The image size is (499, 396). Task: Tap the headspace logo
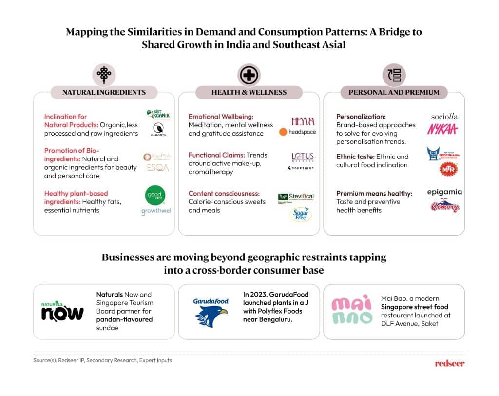tap(297, 132)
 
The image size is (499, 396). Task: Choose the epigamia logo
tap(444, 192)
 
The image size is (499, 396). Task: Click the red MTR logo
tap(448, 169)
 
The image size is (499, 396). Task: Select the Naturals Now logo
tap(62, 311)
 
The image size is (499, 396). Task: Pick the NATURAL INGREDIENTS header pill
tap(104, 92)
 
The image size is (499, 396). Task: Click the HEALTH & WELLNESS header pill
tap(249, 92)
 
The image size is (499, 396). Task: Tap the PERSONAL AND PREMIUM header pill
tap(394, 92)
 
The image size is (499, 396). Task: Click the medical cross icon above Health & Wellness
tap(249, 75)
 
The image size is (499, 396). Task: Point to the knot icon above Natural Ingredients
tap(103, 75)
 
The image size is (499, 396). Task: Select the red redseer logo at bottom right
tap(449, 363)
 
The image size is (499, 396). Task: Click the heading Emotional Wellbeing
tap(221, 117)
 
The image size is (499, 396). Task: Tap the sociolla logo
tap(444, 117)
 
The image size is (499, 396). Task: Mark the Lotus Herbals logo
tap(303, 157)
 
